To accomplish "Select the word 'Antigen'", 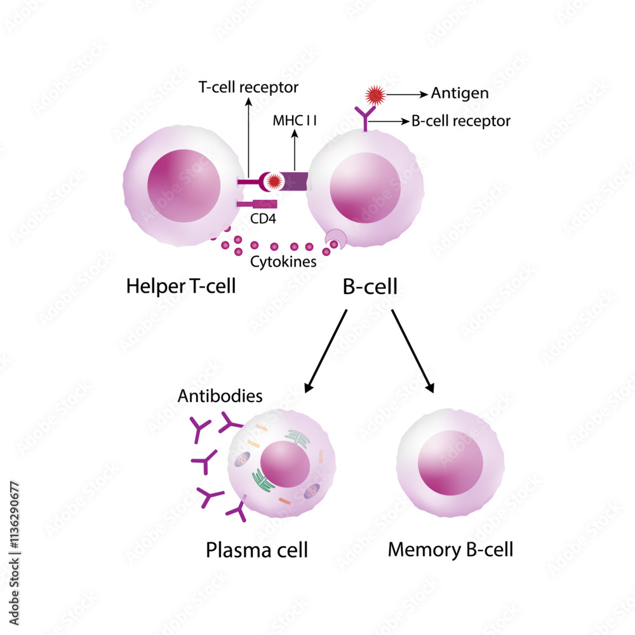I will [x=460, y=93].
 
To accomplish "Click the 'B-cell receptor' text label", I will [x=460, y=120].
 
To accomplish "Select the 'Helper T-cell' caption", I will [x=181, y=286].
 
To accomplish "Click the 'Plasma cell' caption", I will [x=257, y=549].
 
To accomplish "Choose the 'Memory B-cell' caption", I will [x=450, y=549].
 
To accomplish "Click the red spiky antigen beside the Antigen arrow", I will [x=374, y=95].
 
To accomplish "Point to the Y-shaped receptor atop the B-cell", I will [x=366, y=117].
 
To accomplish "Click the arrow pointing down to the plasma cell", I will [x=326, y=351].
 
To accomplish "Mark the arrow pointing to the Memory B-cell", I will [x=413, y=351].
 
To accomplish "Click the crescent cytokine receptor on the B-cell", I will [x=335, y=240].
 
